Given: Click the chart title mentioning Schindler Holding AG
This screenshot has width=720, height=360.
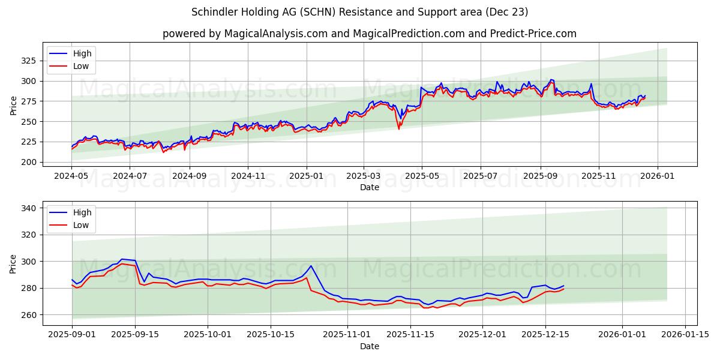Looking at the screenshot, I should [360, 12].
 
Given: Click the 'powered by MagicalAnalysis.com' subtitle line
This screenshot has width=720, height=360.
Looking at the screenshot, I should [369, 34].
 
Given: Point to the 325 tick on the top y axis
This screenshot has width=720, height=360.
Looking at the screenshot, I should [28, 61].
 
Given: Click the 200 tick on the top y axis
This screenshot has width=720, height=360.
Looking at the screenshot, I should [28, 162].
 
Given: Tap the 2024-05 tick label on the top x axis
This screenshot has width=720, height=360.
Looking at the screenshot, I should [71, 176].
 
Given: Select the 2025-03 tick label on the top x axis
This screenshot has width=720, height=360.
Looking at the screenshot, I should [364, 176].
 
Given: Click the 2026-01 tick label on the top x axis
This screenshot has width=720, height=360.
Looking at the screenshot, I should [658, 176].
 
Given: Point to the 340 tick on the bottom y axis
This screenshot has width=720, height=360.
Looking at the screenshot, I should [28, 208].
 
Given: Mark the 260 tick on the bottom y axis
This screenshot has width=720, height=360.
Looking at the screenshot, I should [28, 314].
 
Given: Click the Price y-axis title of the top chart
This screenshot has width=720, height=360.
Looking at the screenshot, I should [13, 106].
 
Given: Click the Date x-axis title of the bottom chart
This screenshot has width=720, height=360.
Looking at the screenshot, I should [369, 346].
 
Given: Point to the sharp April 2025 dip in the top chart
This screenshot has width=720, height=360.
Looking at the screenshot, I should [398, 128].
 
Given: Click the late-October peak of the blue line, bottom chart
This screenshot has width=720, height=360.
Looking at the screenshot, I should [311, 266].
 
